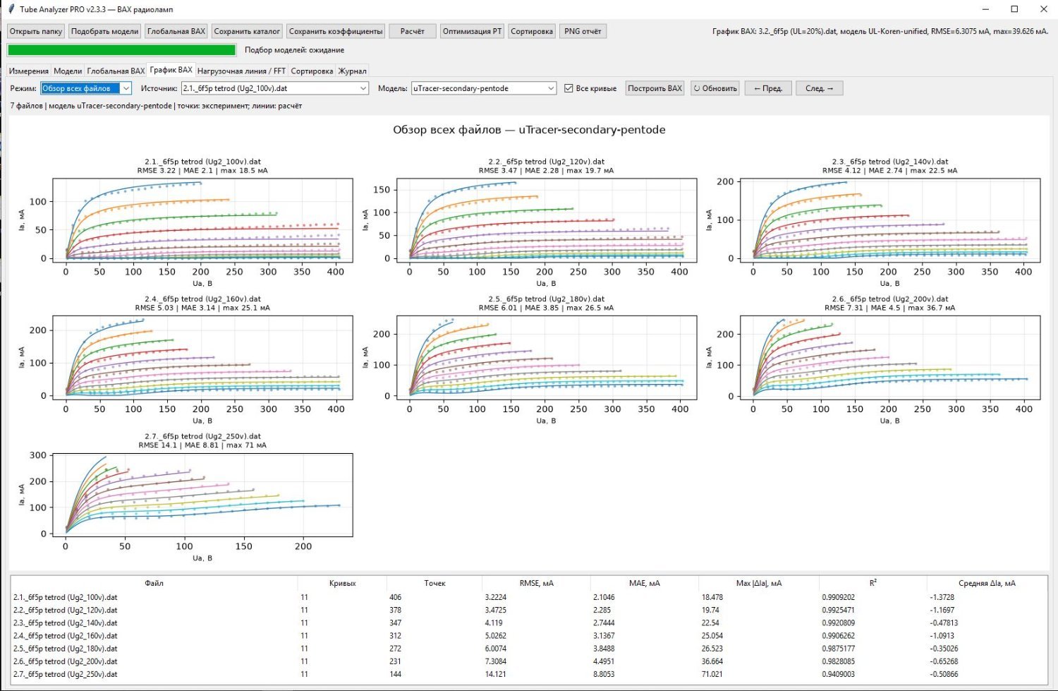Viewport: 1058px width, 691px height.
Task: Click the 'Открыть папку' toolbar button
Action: (36, 31)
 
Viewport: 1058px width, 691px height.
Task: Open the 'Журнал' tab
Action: (353, 71)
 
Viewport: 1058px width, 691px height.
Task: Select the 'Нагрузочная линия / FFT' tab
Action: (241, 71)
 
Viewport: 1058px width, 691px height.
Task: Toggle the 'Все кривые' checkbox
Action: (568, 88)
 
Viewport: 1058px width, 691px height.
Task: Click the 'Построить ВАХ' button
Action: (655, 88)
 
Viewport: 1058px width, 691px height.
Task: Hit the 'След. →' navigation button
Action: (819, 88)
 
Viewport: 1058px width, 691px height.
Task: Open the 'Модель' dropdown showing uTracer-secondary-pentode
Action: (484, 88)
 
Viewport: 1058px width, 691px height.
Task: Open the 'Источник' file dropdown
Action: (275, 88)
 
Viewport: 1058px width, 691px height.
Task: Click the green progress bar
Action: (122, 49)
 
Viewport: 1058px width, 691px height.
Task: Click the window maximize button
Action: (1014, 9)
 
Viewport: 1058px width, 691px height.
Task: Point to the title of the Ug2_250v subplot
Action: (202, 440)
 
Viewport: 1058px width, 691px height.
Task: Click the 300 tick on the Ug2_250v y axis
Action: (38, 455)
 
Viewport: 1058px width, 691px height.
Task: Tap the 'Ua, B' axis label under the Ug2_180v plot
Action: (546, 421)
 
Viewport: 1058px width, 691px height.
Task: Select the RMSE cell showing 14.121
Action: (495, 674)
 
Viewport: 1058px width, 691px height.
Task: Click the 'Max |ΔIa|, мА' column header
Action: (758, 583)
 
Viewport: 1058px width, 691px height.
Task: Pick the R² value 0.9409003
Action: (839, 674)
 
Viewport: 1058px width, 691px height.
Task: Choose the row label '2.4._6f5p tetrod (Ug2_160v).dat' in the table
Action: (65, 636)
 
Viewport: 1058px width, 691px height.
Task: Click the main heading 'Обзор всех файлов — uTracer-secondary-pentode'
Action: (529, 129)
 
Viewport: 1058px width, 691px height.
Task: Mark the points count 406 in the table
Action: (395, 597)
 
